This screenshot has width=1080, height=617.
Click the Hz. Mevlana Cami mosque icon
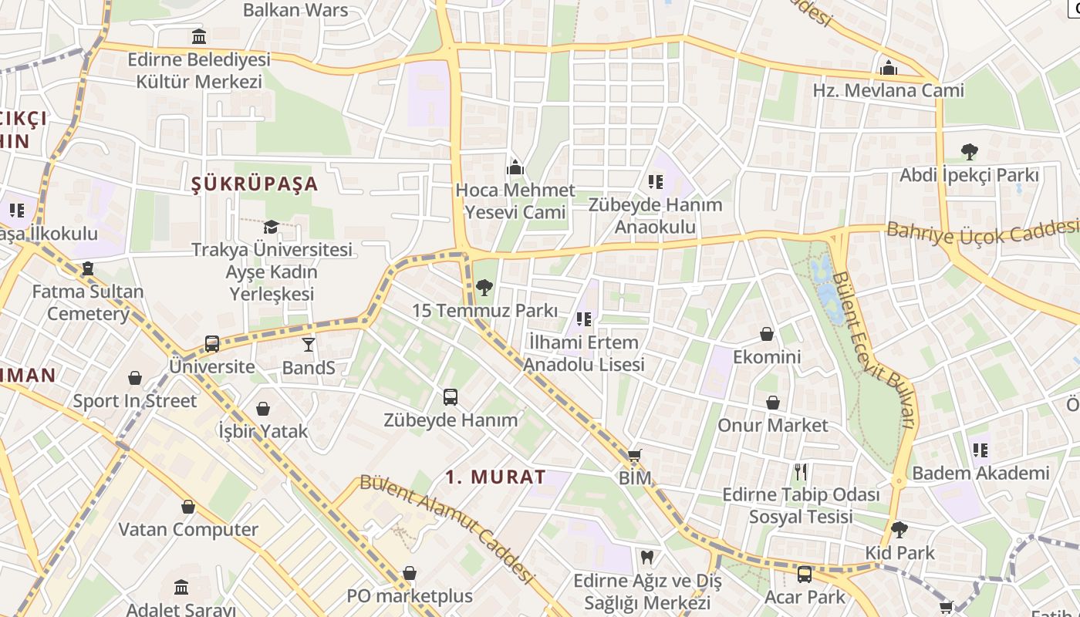tap(889, 68)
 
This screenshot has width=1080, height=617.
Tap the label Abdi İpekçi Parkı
tap(970, 175)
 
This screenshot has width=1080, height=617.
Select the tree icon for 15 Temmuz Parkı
tap(484, 288)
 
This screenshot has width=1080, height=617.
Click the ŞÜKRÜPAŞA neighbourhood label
tap(255, 184)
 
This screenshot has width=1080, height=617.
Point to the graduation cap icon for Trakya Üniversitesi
tap(271, 227)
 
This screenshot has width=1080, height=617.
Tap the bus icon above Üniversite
tap(212, 344)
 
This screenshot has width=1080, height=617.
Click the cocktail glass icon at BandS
tap(309, 345)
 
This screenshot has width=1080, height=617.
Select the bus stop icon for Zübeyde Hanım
tap(451, 397)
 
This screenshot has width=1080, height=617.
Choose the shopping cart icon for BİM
tap(635, 456)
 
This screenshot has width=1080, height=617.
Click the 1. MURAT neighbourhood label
tap(496, 477)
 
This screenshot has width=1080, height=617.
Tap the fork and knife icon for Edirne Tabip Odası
tap(801, 471)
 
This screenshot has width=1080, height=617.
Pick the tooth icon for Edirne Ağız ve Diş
tap(647, 556)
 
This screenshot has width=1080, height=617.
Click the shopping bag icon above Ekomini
tap(767, 334)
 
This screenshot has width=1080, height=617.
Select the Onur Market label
tap(773, 425)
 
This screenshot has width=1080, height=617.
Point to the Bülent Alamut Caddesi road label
tap(447, 528)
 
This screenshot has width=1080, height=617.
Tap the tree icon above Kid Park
tap(899, 530)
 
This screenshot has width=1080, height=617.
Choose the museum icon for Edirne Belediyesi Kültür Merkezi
tap(199, 36)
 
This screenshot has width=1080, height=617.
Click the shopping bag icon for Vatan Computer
tap(188, 507)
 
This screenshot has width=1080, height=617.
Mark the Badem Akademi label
tap(980, 473)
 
